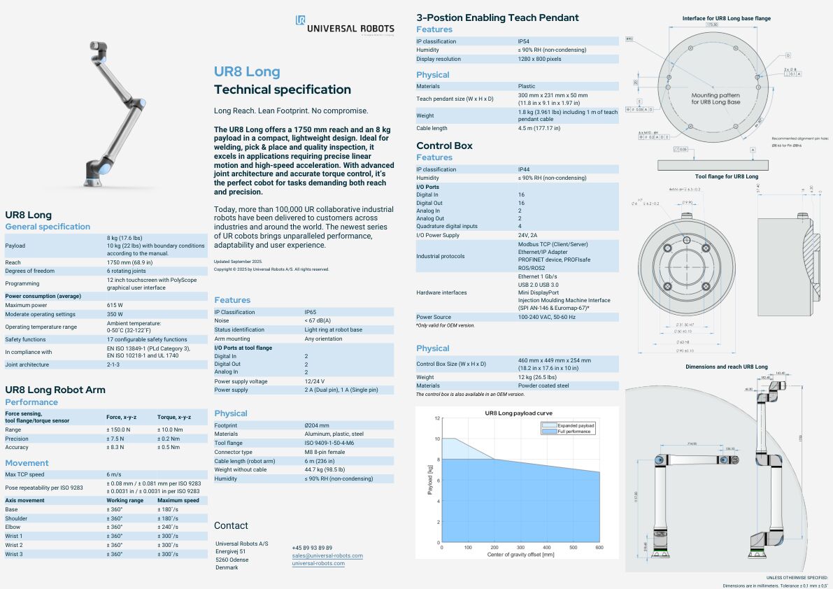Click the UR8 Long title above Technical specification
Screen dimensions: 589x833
tap(247, 72)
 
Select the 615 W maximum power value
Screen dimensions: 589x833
tap(115, 305)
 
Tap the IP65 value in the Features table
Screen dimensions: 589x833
tap(310, 312)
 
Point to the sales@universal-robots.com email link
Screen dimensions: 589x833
tap(327, 555)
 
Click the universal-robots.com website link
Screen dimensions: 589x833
tap(318, 563)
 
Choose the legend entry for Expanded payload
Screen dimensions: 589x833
tap(576, 425)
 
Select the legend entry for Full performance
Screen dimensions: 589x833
tap(574, 431)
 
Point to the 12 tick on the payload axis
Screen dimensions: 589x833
tap(437, 418)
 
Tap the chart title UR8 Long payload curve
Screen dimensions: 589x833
tap(518, 413)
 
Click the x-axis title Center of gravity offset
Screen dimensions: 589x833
tap(520, 555)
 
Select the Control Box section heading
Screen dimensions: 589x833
tap(444, 146)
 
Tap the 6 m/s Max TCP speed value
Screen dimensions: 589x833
tap(114, 474)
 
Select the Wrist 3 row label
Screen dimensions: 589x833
tap(14, 554)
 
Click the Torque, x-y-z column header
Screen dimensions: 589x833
tap(173, 416)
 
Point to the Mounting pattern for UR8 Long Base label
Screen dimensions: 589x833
tap(715, 99)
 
